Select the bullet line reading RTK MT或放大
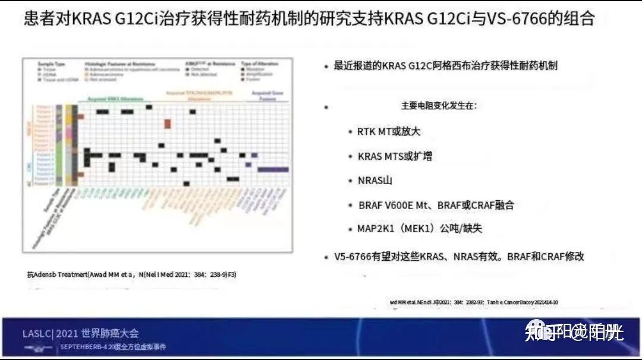(x=388, y=131)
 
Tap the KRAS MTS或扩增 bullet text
(x=395, y=156)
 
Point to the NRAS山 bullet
(x=374, y=181)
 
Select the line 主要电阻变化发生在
(x=439, y=106)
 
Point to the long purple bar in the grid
(x=273, y=169)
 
